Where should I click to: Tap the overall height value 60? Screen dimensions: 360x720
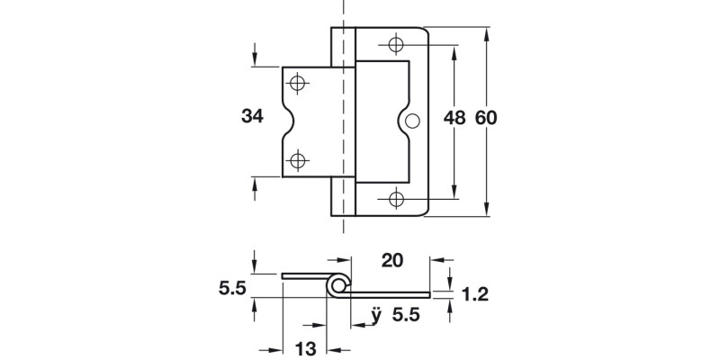[x=486, y=118]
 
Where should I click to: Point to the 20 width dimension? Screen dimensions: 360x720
[x=391, y=262]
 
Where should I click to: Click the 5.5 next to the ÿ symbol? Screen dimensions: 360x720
[x=407, y=318]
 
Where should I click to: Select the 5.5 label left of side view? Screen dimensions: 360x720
[x=233, y=290]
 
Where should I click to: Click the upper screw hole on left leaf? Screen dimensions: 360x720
[x=299, y=84]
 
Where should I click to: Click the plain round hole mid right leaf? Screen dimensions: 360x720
[x=413, y=121]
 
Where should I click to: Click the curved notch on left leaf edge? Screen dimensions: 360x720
[x=286, y=121]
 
